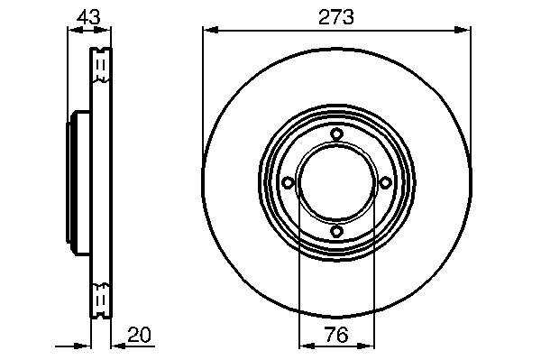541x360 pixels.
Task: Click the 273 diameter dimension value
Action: coord(336,17)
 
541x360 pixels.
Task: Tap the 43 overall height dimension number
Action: coord(88,17)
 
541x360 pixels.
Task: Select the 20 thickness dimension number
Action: coord(140,335)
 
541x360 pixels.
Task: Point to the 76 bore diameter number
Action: coord(336,335)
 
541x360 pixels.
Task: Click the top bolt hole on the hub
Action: coord(336,134)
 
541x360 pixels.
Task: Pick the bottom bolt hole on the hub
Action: coord(336,231)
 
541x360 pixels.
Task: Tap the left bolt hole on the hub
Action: coord(289,182)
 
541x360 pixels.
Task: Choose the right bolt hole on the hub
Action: coord(385,182)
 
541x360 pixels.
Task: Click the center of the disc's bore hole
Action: coord(336,182)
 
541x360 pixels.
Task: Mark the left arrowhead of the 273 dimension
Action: coord(210,31)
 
